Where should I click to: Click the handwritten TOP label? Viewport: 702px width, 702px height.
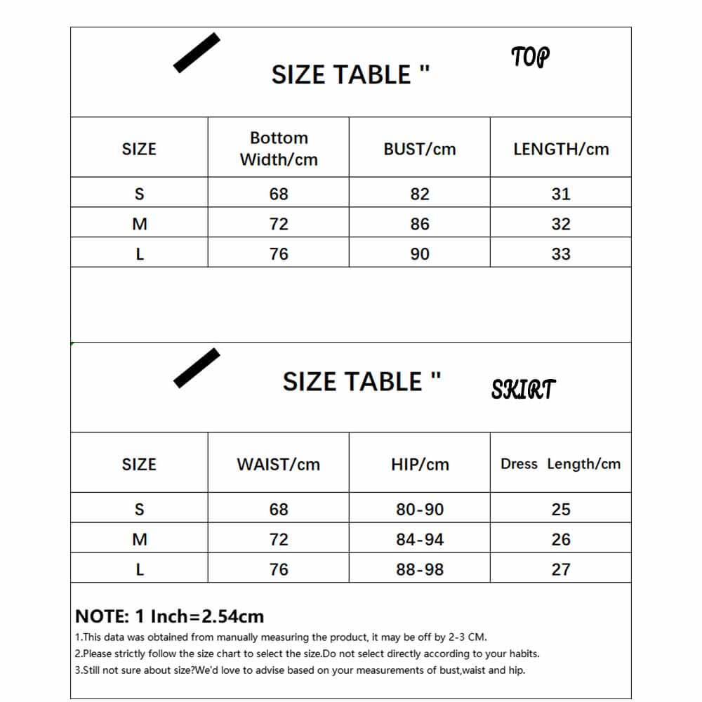point(530,57)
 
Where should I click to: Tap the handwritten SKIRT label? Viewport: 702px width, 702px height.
point(523,389)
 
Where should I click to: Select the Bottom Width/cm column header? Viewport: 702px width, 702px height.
point(279,149)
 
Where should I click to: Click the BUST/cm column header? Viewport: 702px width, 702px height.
point(420,149)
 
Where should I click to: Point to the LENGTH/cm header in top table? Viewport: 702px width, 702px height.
point(561,149)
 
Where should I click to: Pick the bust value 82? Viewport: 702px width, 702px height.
point(420,194)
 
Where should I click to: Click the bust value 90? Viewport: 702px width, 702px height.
point(420,254)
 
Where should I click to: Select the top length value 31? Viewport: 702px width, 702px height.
point(561,194)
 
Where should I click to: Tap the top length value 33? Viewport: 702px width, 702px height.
point(561,254)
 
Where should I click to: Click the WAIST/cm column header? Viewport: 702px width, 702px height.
point(279,464)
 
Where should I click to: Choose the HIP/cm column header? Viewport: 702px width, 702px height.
point(420,464)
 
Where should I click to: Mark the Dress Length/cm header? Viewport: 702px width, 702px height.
point(560,464)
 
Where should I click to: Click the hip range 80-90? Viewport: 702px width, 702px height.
point(420,509)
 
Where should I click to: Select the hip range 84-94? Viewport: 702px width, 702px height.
point(420,539)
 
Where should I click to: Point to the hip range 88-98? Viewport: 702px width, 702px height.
point(420,569)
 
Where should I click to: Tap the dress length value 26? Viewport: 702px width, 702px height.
point(561,539)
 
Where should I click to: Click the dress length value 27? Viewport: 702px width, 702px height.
point(561,569)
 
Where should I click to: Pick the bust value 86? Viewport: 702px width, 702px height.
point(420,224)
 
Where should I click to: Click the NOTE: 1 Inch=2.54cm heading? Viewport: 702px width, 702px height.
point(169,616)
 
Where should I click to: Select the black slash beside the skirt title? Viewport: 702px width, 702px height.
point(197,368)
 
